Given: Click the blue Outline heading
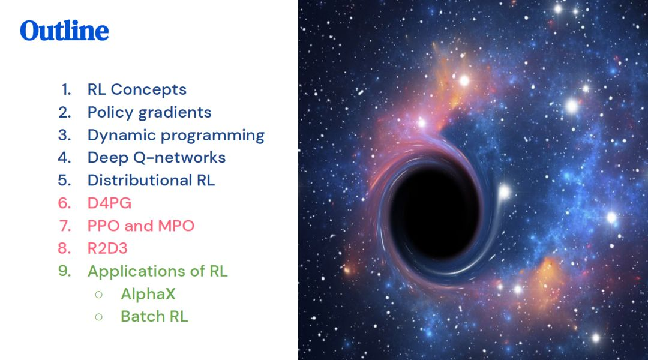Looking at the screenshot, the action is [64, 31].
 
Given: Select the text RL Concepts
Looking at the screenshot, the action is [137, 89].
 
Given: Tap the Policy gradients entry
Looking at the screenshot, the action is [149, 112].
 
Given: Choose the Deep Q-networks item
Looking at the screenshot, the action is [157, 157].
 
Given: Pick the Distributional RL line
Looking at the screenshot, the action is [151, 180].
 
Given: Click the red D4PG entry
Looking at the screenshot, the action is [110, 203].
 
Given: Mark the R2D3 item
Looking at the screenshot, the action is [107, 248].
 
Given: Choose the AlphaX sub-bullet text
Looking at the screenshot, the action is [148, 294].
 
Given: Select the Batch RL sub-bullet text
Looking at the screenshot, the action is [154, 317].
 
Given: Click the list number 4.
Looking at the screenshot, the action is [64, 157].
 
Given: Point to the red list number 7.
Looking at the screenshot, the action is [65, 226].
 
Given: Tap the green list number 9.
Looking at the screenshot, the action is [64, 271].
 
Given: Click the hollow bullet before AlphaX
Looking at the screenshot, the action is [99, 295].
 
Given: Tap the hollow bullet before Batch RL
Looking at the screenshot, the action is [99, 317].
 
